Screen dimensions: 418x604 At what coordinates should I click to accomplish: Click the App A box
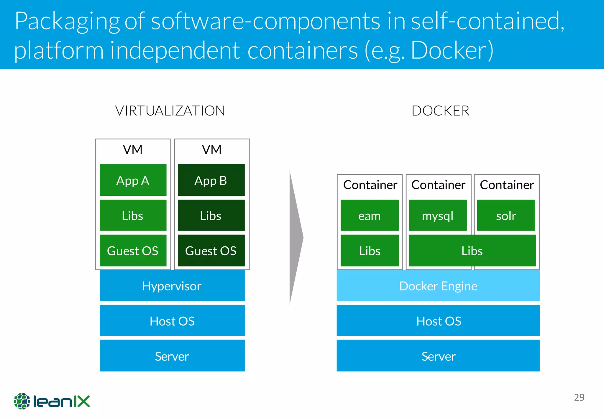133,180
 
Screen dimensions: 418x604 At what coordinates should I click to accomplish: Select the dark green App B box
211,180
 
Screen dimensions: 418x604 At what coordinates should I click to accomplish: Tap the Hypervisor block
172,286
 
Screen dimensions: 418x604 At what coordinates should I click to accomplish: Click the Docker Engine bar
438,286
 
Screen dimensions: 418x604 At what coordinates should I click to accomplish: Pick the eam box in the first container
370,215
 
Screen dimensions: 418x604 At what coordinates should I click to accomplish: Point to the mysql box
438,215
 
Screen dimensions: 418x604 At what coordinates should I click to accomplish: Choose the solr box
506,215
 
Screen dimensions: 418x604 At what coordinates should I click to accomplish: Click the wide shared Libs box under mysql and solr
472,251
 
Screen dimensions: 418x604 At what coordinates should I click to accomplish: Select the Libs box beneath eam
370,251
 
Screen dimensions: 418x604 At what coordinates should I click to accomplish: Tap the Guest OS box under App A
133,251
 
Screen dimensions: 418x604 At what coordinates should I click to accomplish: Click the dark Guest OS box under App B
211,251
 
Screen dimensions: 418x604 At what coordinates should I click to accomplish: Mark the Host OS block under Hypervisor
172,321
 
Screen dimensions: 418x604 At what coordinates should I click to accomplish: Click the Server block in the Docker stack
438,356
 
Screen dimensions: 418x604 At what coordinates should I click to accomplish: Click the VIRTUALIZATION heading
170,111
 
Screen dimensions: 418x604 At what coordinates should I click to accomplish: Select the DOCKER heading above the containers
440,111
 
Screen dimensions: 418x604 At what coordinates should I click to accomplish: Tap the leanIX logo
52,401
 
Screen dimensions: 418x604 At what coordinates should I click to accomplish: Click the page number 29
579,397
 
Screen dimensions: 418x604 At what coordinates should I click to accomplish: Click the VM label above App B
212,150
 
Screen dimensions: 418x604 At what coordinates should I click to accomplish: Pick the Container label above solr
507,185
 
